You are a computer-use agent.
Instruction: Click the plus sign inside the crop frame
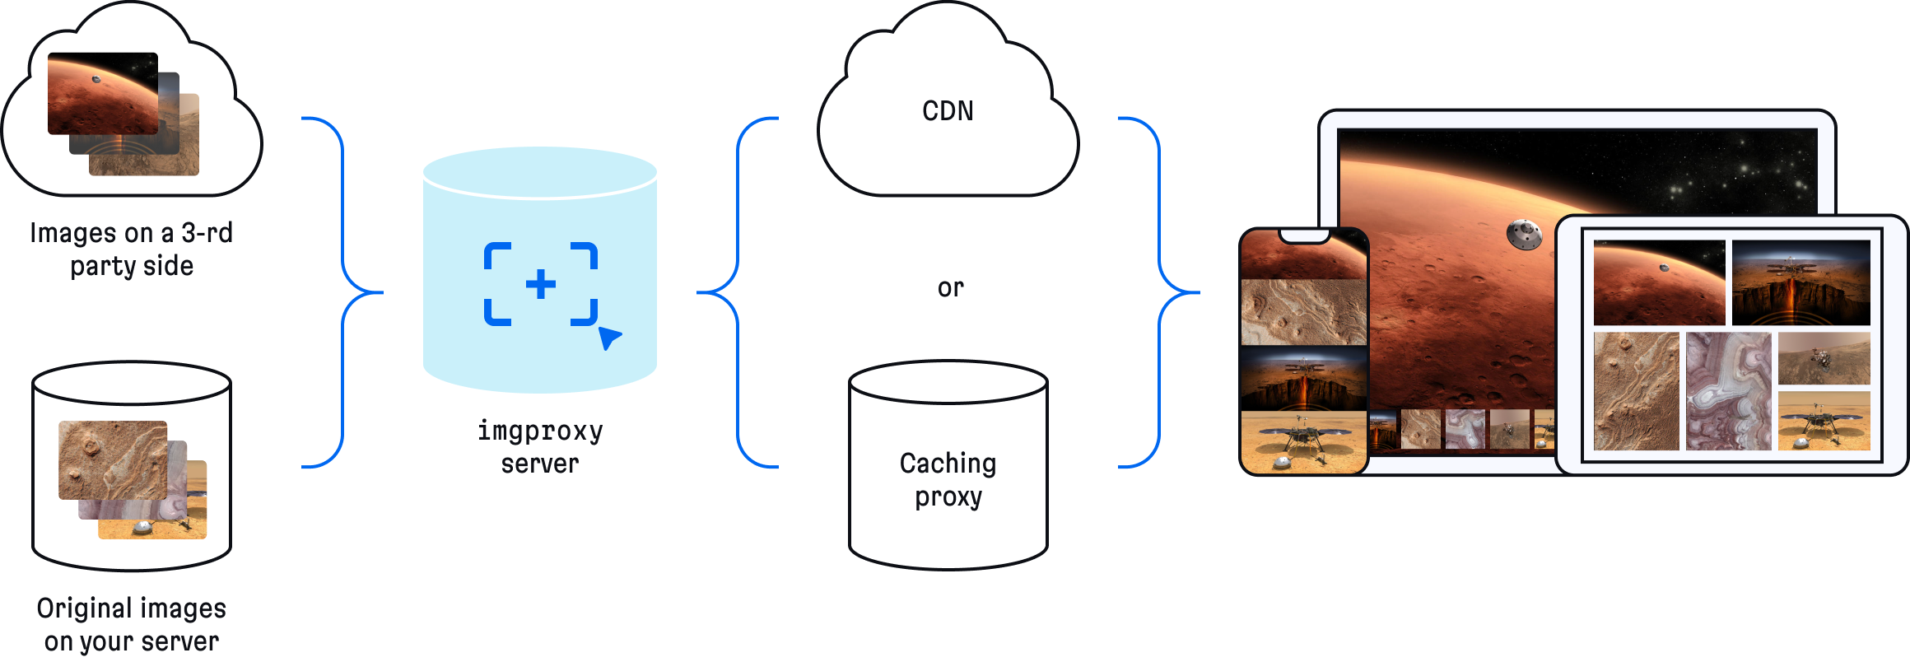[541, 285]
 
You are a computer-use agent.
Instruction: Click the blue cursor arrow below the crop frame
[609, 338]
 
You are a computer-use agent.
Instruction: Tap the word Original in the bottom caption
[86, 609]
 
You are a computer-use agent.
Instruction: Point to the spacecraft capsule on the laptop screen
[1524, 235]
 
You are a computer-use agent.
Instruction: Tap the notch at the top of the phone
[1304, 236]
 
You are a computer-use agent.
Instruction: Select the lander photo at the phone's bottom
[1303, 442]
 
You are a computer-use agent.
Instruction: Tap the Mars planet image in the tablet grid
[1659, 282]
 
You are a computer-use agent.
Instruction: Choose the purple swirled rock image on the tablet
[1728, 391]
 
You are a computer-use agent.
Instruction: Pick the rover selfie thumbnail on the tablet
[1824, 358]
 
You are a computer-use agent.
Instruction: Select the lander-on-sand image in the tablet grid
[1824, 421]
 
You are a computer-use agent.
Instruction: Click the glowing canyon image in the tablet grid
[1801, 282]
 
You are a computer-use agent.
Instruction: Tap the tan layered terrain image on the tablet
[1636, 391]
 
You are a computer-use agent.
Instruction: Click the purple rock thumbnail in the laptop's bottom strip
[1465, 429]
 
